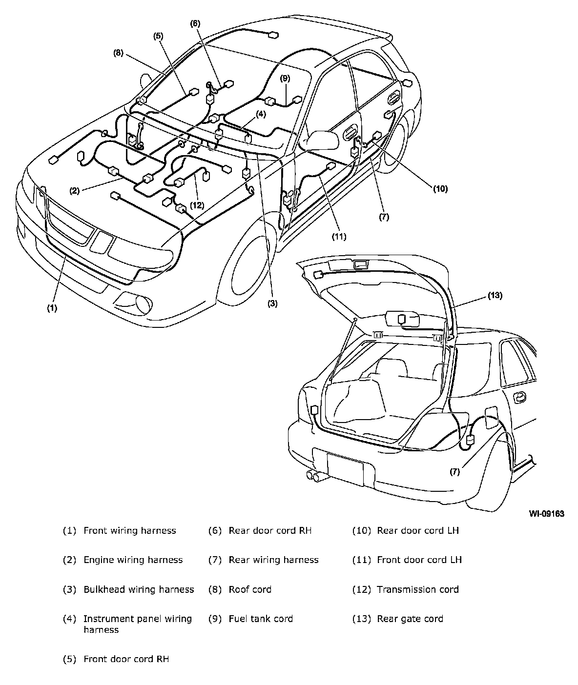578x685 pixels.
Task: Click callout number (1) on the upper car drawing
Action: click(52, 308)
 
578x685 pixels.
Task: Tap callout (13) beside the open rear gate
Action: click(495, 296)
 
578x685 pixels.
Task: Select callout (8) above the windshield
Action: click(119, 53)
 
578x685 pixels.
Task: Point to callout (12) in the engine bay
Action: click(197, 205)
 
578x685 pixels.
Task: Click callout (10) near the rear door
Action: click(440, 189)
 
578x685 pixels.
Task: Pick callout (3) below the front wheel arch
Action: click(272, 304)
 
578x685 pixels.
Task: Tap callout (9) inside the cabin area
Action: click(285, 79)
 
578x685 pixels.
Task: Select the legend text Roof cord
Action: click(250, 589)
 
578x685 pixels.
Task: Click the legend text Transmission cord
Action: click(418, 589)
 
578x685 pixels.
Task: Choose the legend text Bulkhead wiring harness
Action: click(139, 589)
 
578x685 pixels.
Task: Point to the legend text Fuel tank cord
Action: click(261, 619)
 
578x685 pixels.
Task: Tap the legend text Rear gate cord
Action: click(410, 619)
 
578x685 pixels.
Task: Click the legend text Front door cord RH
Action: click(126, 659)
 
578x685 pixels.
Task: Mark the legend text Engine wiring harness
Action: click(133, 560)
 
